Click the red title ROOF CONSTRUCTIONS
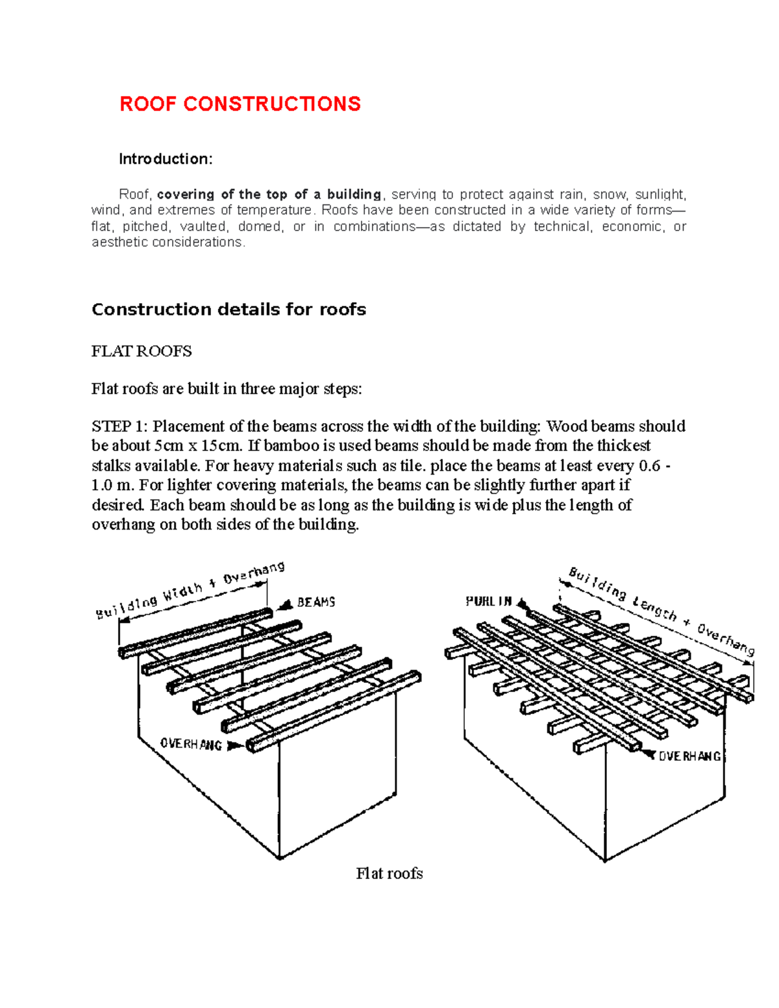click(x=240, y=104)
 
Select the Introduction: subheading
click(x=166, y=159)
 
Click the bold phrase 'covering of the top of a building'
click(x=269, y=194)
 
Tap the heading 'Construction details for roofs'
click(x=229, y=310)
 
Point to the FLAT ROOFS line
click(x=142, y=351)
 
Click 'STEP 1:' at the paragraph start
click(x=120, y=426)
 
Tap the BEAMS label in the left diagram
click(x=316, y=602)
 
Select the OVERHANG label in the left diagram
click(x=191, y=744)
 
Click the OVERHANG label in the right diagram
click(x=689, y=756)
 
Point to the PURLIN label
click(x=489, y=602)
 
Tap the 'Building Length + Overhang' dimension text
click(x=661, y=611)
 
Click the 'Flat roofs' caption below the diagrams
click(x=389, y=874)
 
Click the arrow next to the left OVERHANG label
click(x=234, y=746)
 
